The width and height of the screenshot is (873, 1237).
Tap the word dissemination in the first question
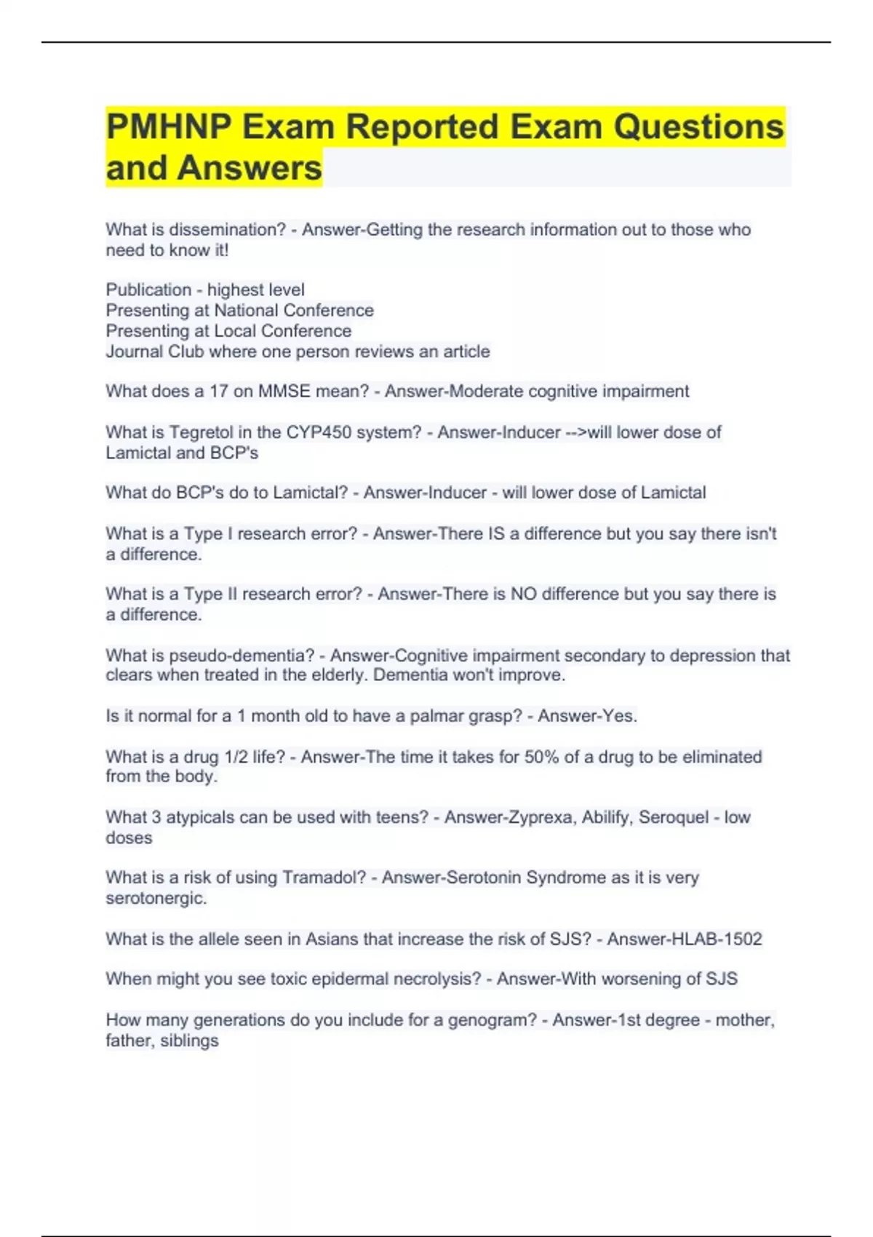pos(227,230)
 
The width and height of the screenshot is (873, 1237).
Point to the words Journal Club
pos(154,352)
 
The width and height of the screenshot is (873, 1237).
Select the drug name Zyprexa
pos(539,818)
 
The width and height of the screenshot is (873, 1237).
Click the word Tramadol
pos(324,878)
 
